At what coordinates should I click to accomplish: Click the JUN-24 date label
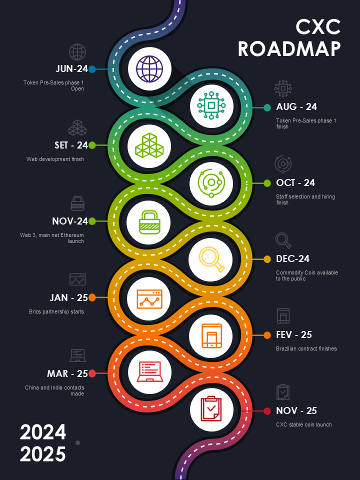tap(71, 69)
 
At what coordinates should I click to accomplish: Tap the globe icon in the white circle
tap(149, 68)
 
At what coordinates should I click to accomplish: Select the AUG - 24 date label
tap(296, 107)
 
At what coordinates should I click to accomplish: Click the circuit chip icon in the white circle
tap(211, 105)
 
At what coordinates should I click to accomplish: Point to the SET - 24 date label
tap(71, 145)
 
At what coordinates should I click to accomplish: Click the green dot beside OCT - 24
tap(267, 183)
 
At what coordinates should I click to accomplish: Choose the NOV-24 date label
tap(70, 221)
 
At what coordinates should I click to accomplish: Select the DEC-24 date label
tap(292, 259)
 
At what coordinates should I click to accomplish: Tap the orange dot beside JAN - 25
tap(92, 297)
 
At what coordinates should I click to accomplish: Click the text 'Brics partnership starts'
tap(56, 311)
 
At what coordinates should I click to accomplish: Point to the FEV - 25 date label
tap(294, 335)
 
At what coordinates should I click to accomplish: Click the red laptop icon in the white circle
tap(149, 372)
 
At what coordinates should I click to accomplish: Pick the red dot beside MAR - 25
tap(92, 373)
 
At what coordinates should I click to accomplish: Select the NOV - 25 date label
tap(296, 411)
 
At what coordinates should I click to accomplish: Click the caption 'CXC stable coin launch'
tap(304, 425)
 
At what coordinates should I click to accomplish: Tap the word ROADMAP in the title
tap(289, 49)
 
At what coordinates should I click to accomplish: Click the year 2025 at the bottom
tap(43, 454)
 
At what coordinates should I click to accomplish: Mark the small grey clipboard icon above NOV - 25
tap(283, 392)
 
